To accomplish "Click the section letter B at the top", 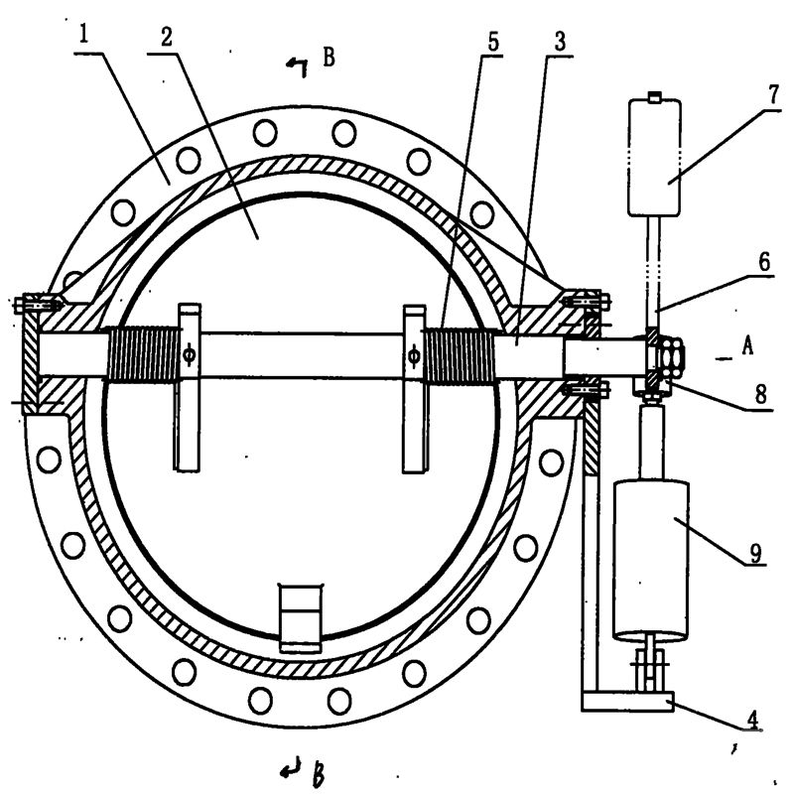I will pos(328,59).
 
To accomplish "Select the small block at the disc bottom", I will pos(298,615).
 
